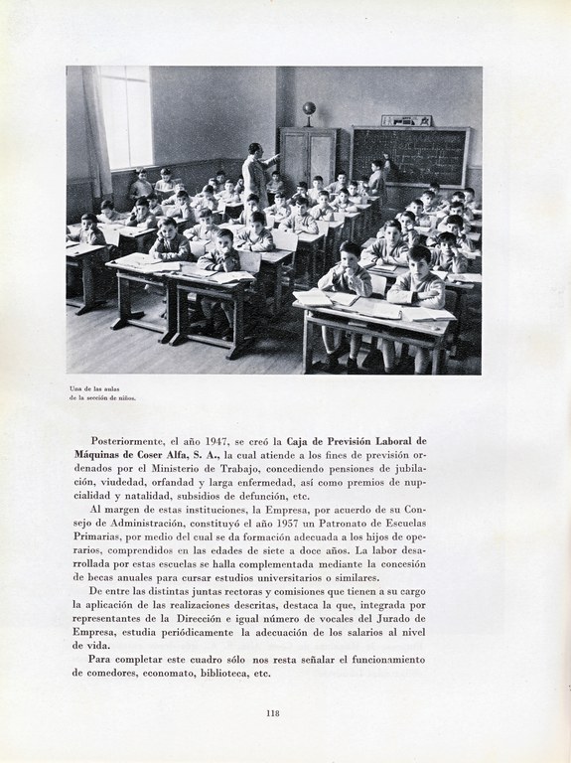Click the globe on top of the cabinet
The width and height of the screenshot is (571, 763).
[x=309, y=108]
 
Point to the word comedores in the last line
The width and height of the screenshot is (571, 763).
[x=108, y=673]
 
